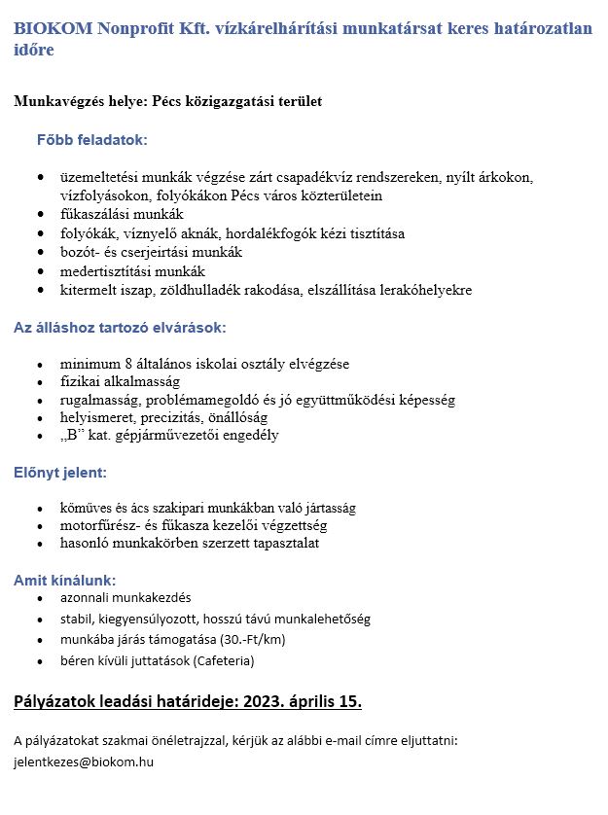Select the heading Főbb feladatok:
tap(91, 140)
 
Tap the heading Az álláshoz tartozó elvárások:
tap(120, 328)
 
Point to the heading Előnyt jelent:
tap(59, 473)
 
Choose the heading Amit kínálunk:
tap(64, 581)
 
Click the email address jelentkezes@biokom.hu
tap(84, 762)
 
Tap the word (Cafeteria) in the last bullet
tap(224, 660)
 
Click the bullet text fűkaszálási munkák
tap(122, 214)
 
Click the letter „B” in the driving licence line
tap(72, 435)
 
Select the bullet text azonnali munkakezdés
tap(125, 596)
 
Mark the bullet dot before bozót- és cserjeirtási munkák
tap(39, 252)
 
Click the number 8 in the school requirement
tap(128, 364)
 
